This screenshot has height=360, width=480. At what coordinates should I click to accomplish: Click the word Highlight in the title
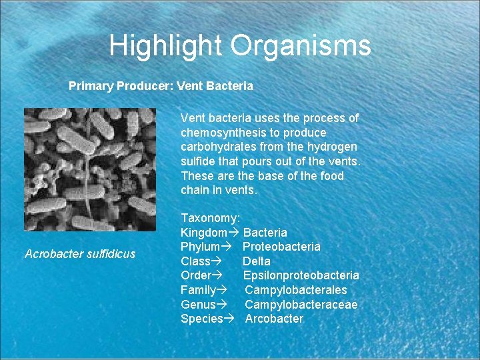tap(166, 46)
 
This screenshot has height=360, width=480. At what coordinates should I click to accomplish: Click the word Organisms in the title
tap(301, 46)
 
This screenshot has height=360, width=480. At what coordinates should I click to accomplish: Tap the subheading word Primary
tap(91, 86)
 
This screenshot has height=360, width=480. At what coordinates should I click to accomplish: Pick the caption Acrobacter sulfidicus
tap(79, 253)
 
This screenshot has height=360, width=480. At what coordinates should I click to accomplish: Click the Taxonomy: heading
tap(211, 218)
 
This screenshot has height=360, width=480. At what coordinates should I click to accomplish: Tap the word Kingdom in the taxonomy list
tap(203, 233)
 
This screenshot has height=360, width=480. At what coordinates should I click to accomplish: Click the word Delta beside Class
tap(257, 261)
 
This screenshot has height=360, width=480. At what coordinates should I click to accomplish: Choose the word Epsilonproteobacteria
tap(301, 275)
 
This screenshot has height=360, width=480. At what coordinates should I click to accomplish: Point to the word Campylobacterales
tap(296, 290)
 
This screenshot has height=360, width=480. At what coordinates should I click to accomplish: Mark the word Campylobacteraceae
tap(301, 304)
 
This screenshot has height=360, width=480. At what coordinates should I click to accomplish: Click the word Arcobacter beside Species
tap(274, 319)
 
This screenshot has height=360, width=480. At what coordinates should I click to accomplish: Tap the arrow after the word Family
tap(222, 290)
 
